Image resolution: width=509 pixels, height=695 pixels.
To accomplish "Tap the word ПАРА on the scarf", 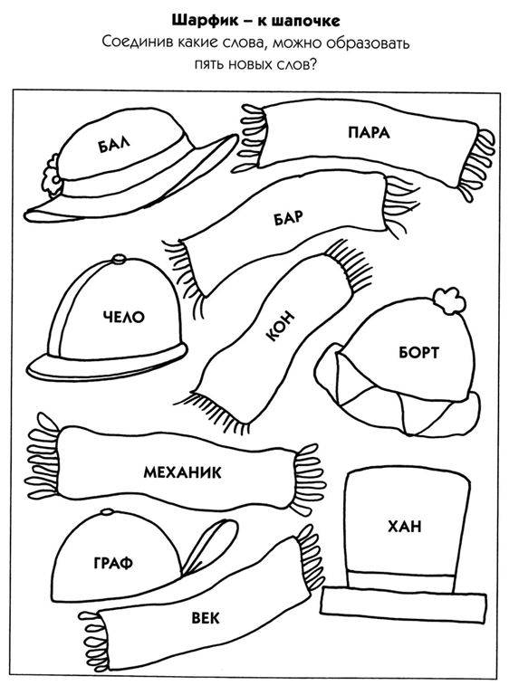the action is [369, 132].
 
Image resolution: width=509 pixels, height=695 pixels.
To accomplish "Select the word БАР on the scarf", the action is [288, 217].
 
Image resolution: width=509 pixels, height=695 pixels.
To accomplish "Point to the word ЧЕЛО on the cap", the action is [124, 317].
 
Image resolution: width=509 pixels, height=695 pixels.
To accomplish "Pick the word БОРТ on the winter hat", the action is [418, 352].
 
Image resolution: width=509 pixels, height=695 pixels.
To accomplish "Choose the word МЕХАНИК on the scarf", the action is [182, 472].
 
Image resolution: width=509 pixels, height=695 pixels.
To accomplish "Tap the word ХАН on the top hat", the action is [405, 527].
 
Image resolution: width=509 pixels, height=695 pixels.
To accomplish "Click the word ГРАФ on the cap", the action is [113, 564].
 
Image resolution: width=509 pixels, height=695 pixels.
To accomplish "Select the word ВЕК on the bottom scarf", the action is [206, 617].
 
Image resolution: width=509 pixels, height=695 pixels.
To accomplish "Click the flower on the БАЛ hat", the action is [52, 174].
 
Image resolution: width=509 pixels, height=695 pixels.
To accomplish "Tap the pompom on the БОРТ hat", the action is [449, 301].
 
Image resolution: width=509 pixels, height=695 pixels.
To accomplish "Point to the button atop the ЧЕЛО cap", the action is [119, 259].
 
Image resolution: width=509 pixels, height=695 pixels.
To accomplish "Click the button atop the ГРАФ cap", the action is [107, 513].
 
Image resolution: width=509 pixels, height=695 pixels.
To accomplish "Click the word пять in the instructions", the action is [209, 65].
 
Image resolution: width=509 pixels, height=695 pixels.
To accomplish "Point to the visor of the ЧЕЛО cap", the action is [107, 365].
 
